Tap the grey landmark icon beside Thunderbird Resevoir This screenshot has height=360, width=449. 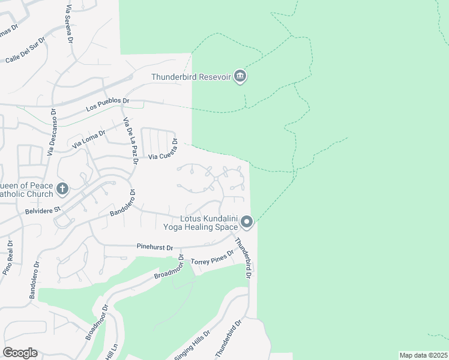pyautogui.click(x=240, y=76)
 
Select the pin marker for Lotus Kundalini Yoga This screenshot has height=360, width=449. pyautogui.click(x=247, y=223)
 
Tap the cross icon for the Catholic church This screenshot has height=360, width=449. pyautogui.click(x=62, y=190)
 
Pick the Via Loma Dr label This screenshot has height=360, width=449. pyautogui.click(x=88, y=140)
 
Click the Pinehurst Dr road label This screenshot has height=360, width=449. pyautogui.click(x=154, y=247)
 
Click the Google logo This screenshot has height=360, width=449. pyautogui.click(x=20, y=353)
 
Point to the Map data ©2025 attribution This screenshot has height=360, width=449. pyautogui.click(x=423, y=355)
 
